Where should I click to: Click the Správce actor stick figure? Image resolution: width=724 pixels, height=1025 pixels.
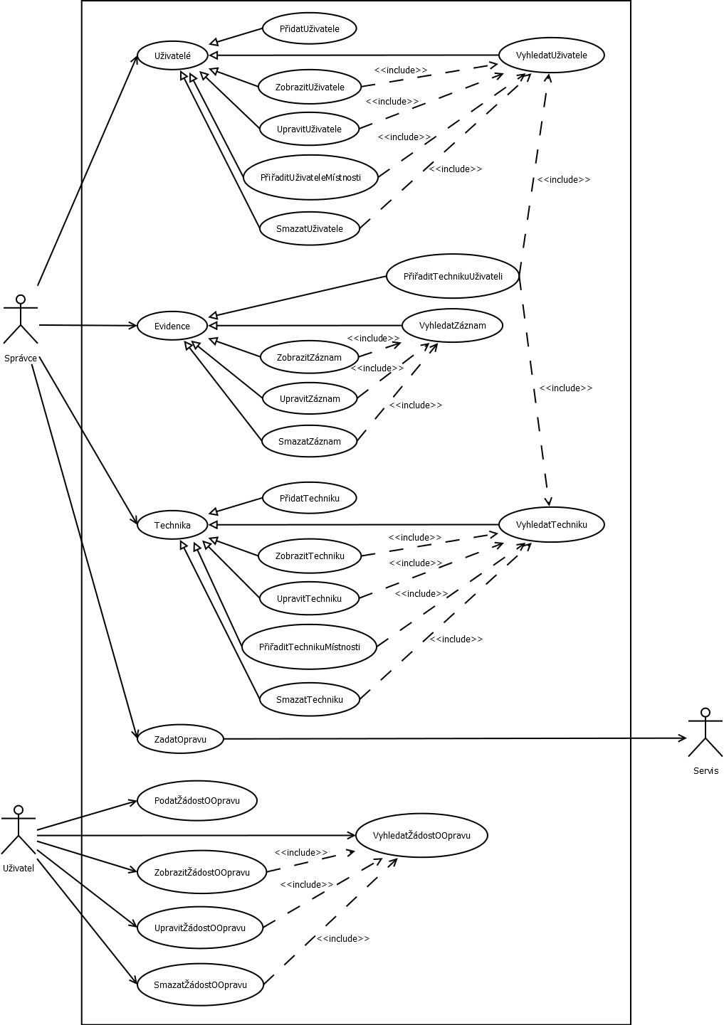21,318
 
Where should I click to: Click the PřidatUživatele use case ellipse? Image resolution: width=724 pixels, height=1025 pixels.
309,29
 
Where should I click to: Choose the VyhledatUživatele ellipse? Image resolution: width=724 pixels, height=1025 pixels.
551,55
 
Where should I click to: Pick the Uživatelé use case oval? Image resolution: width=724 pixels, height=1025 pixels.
172,55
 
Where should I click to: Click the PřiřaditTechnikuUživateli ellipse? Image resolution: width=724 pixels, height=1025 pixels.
453,276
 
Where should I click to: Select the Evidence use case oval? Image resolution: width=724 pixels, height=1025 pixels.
172,326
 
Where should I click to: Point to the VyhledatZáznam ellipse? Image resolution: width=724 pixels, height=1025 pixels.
452,326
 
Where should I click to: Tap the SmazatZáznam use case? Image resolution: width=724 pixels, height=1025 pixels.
309,441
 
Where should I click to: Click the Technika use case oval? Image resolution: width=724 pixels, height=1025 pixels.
172,525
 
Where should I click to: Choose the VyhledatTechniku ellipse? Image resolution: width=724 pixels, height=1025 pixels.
551,524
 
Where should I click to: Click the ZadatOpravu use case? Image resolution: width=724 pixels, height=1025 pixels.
180,739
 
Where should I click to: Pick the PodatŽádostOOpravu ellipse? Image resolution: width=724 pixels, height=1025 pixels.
196,800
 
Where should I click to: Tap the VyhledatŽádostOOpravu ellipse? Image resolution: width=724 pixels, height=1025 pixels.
421,835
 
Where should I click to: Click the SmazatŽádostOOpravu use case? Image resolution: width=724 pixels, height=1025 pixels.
200,984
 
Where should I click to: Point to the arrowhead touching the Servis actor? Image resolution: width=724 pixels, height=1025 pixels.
681,738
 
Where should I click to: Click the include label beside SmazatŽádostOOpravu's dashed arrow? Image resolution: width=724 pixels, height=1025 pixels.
343,938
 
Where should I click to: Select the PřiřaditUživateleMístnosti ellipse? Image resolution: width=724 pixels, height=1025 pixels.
310,177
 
